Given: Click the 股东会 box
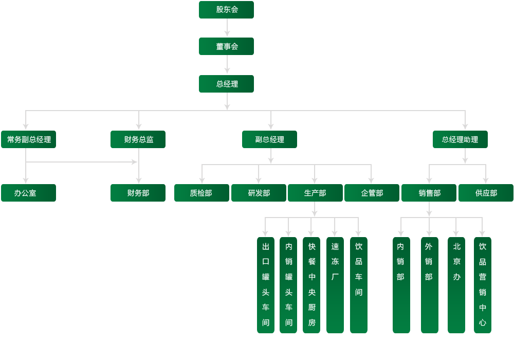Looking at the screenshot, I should click(226, 10).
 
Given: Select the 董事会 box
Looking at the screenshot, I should click(226, 46).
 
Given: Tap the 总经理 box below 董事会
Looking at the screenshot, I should click(226, 84).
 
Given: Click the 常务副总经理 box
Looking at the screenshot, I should click(28, 139).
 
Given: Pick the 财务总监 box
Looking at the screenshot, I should click(138, 139).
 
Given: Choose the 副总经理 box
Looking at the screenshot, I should click(269, 139).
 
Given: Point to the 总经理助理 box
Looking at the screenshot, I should click(460, 139).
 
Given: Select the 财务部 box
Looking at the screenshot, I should click(138, 193).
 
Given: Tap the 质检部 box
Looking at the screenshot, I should click(201, 193).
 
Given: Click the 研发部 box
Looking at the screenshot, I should click(259, 193).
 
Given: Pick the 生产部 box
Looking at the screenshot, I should click(315, 193).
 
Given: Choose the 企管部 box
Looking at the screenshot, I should click(372, 193).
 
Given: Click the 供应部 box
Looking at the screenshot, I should click(486, 193).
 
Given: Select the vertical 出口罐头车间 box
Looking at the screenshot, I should click(266, 285).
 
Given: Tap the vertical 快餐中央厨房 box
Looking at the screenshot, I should click(311, 285).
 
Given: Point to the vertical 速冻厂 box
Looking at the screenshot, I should click(335, 285).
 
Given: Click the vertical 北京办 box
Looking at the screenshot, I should click(456, 285).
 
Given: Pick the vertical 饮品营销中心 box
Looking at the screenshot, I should click(483, 285).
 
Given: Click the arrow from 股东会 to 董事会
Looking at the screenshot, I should click(227, 28).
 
